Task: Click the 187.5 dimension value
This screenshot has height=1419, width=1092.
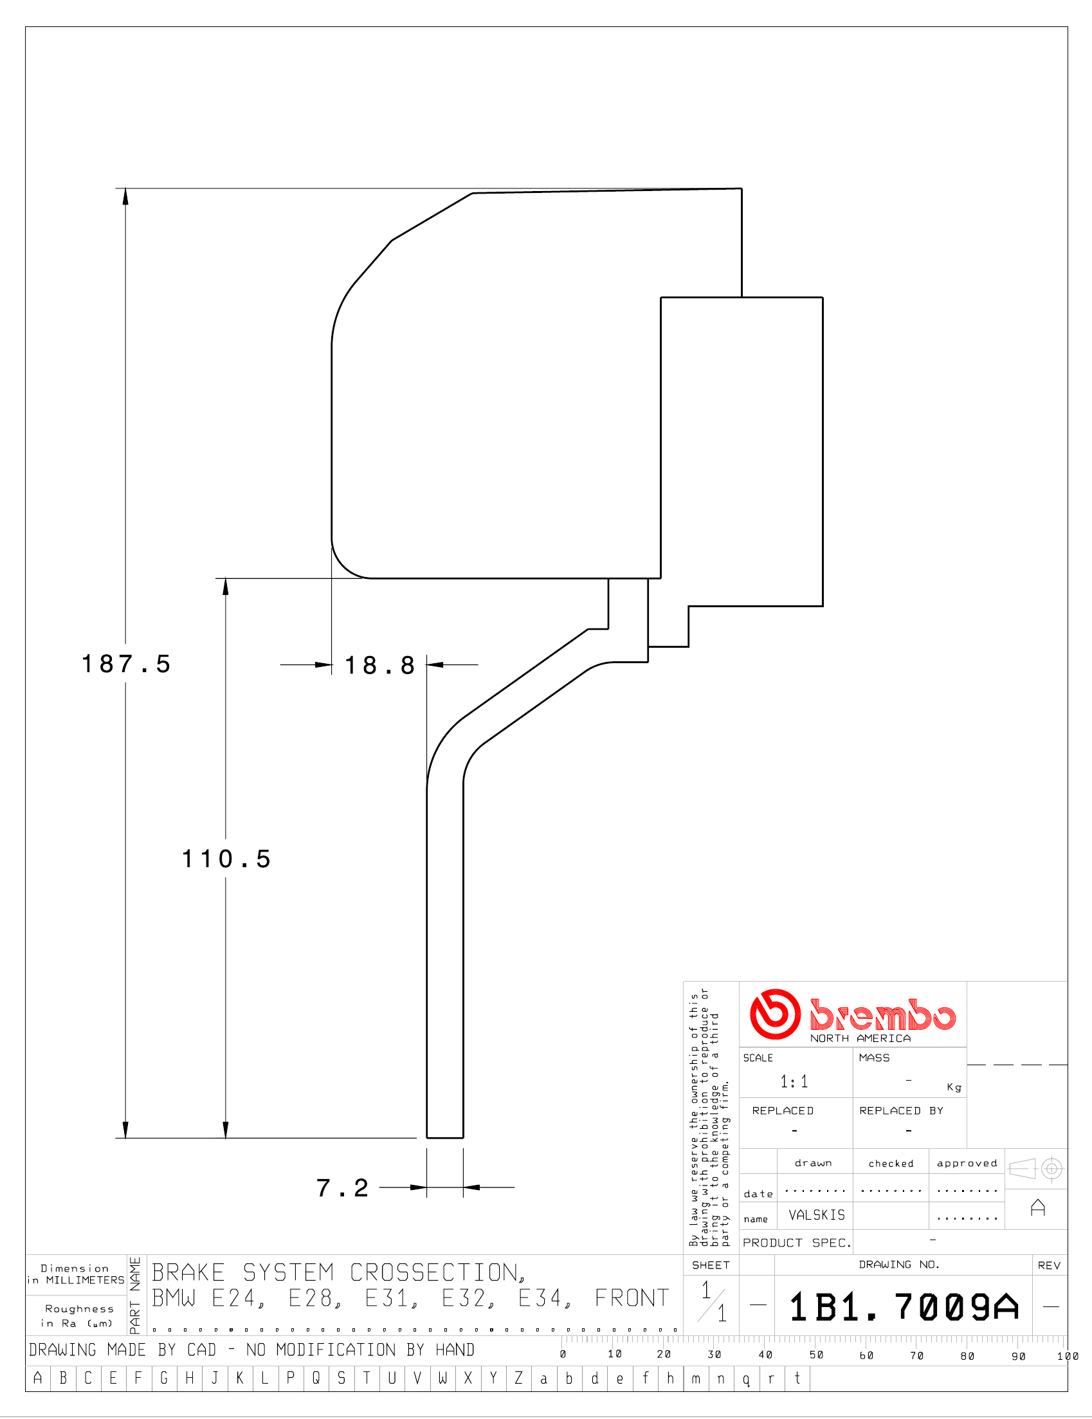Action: click(x=125, y=664)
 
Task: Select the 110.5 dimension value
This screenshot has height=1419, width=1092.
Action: click(x=226, y=859)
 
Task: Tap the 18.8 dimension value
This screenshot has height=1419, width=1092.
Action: click(x=379, y=665)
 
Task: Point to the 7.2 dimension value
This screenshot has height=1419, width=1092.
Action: click(x=342, y=1187)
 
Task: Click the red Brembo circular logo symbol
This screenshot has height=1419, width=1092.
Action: click(x=775, y=1014)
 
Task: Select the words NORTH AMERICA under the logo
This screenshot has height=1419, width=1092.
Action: click(x=860, y=1038)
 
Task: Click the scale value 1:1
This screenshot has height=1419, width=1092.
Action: click(x=794, y=1082)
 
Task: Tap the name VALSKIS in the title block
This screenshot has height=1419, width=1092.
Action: click(x=817, y=1215)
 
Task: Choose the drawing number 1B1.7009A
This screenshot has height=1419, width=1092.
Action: click(x=904, y=1306)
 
